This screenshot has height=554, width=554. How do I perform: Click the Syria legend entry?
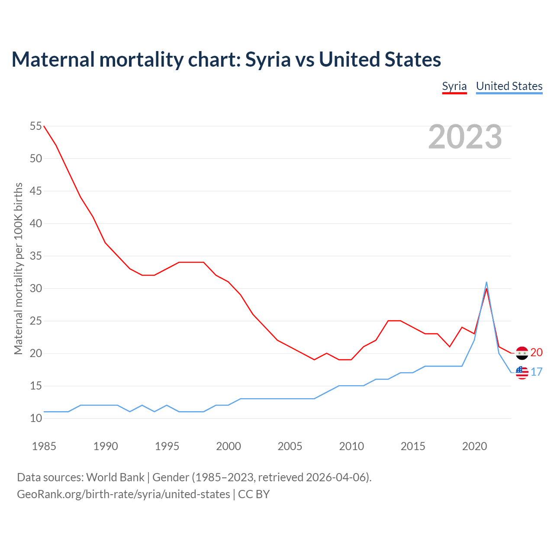[454, 86]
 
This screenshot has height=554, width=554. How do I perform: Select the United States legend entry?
[509, 86]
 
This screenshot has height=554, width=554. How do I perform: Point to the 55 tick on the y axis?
[36, 126]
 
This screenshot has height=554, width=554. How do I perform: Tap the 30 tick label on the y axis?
[36, 289]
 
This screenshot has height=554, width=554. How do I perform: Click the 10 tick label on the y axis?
[36, 419]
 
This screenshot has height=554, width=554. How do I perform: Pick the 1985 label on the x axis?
[44, 446]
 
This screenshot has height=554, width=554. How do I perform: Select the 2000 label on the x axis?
[229, 446]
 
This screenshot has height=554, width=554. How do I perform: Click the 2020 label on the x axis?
[474, 446]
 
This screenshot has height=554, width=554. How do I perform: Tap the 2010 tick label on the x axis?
[351, 446]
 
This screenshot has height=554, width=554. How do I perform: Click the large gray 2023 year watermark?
[465, 137]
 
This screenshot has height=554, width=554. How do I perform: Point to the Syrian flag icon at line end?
[522, 353]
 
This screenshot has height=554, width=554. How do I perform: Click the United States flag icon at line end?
[522, 372]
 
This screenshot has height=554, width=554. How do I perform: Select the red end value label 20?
[536, 353]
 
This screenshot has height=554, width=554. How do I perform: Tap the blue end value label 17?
[536, 372]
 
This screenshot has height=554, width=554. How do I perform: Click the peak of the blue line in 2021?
[486, 282]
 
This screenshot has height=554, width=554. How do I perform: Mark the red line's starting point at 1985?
[44, 126]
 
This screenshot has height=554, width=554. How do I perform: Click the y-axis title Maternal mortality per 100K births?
[18, 268]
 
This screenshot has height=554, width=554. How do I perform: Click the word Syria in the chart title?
[268, 59]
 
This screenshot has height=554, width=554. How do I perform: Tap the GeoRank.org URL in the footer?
[123, 494]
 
